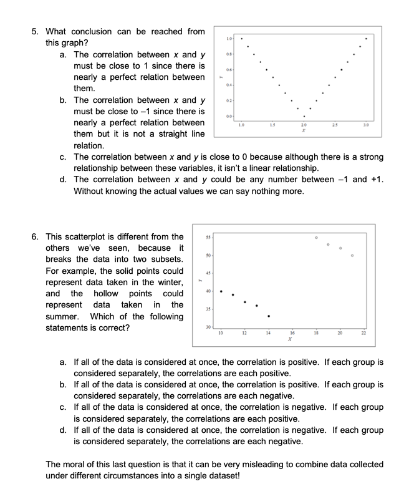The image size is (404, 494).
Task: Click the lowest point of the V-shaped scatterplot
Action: pyautogui.click(x=304, y=117)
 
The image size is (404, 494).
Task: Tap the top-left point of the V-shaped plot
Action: pyautogui.click(x=242, y=39)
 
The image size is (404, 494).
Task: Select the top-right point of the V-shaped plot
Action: pyautogui.click(x=366, y=39)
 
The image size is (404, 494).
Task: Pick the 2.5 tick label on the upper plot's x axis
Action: pyautogui.click(x=335, y=127)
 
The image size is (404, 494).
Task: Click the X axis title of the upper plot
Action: pyautogui.click(x=304, y=132)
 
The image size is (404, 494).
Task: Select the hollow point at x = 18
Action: pyautogui.click(x=316, y=237)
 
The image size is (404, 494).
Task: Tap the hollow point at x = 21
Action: pyautogui.click(x=352, y=255)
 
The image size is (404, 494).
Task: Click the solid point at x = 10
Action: pyautogui.click(x=221, y=291)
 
